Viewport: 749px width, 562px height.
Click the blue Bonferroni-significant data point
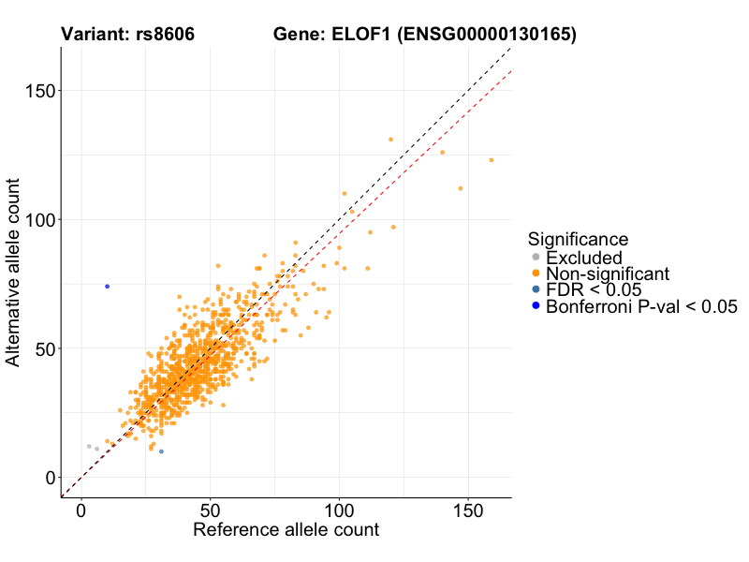point(108,287)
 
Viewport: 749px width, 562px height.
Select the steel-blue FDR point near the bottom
point(161,451)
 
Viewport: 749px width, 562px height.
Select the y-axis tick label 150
point(38,91)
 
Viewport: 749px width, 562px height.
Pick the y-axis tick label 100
point(38,219)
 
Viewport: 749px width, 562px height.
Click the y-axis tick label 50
point(43,348)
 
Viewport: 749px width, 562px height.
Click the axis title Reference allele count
point(286,530)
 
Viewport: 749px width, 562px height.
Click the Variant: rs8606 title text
point(127,35)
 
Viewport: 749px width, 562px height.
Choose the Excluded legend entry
point(584,258)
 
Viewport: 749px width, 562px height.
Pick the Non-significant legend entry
point(608,274)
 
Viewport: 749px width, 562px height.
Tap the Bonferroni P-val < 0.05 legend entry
point(641,306)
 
